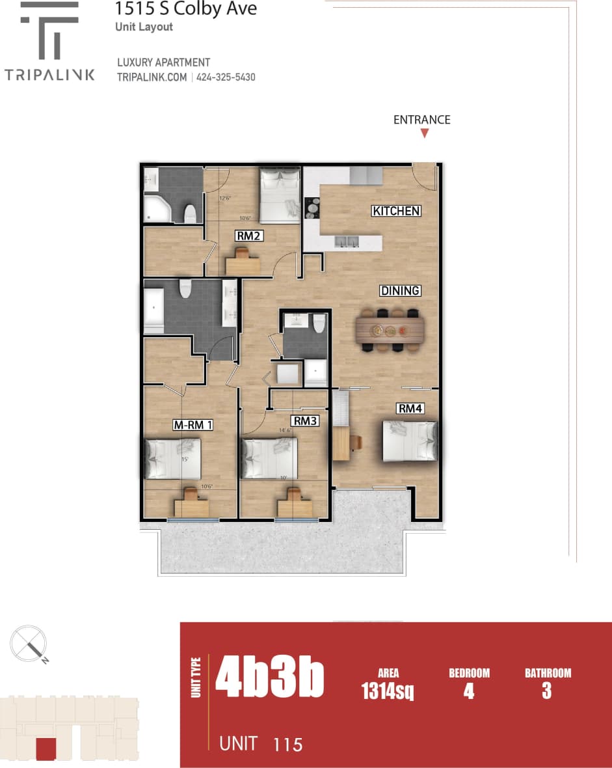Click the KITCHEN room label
[396, 211]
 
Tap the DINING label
[400, 291]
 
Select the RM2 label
[250, 236]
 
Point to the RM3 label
[305, 421]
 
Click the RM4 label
[410, 409]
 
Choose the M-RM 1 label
[194, 426]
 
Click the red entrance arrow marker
[424, 133]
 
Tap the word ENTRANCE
[421, 120]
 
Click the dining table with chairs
[390, 330]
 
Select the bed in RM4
[410, 441]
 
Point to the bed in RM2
[280, 193]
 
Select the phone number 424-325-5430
[226, 77]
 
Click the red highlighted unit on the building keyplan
[46, 748]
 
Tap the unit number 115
[287, 744]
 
